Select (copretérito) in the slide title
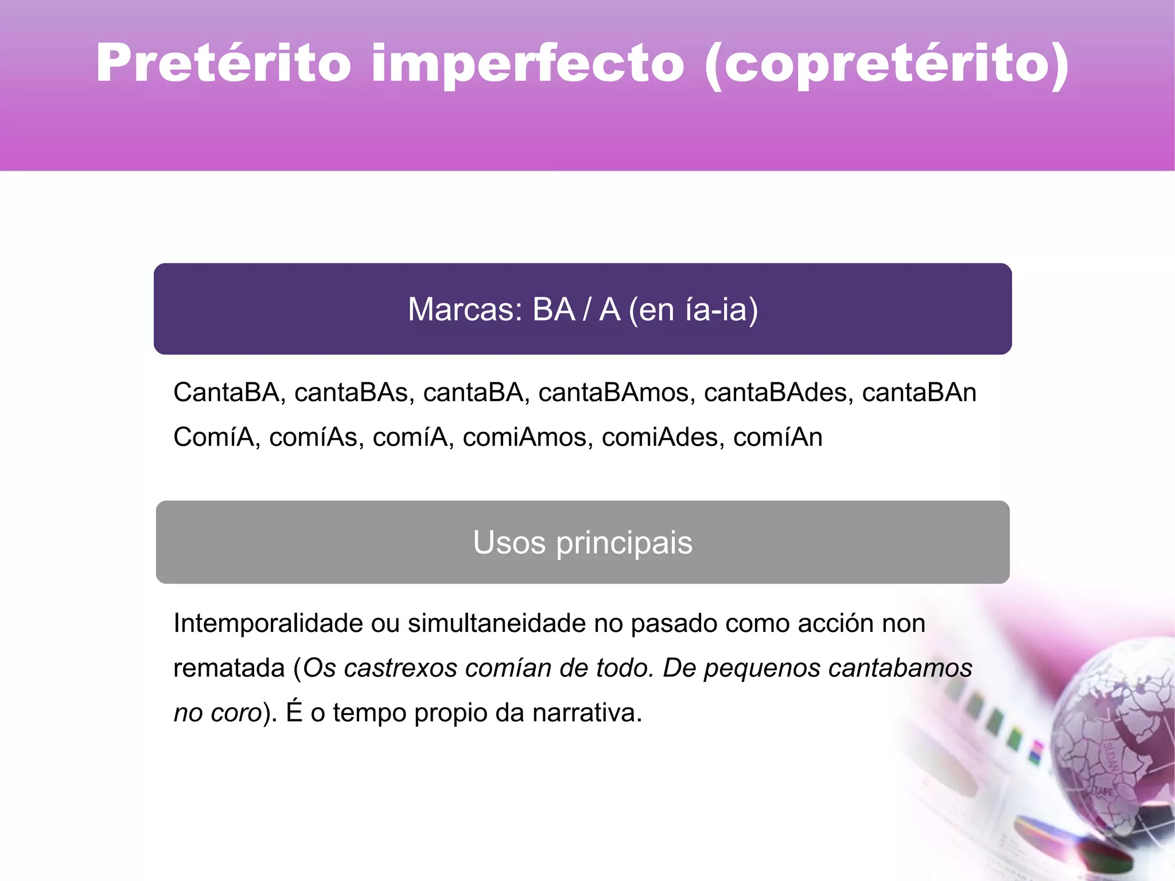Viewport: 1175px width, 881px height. [x=887, y=64]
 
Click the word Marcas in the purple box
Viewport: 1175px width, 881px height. [x=464, y=309]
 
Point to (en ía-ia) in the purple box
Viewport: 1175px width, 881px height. [x=693, y=309]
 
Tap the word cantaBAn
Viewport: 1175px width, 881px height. [x=919, y=393]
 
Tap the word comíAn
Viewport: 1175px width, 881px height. [x=777, y=437]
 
